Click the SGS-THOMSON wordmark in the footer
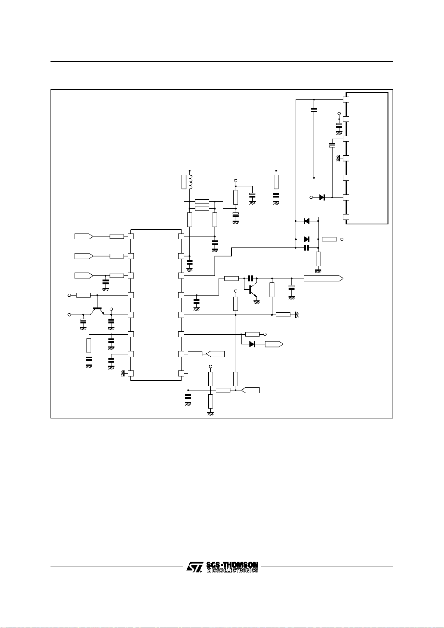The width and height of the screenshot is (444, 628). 232,565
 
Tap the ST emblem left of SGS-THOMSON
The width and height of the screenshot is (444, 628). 195,567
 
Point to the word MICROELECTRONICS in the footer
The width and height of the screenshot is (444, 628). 232,571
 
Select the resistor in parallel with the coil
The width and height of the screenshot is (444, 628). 184,182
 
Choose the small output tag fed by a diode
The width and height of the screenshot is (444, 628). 274,344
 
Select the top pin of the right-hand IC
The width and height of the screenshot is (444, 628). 346,100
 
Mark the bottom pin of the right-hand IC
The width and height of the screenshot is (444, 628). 346,217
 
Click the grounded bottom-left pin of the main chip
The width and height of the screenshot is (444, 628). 130,373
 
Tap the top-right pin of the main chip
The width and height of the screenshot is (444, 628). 181,236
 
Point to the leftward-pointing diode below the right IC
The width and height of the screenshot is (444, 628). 307,221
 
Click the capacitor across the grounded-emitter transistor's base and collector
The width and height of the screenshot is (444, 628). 250,278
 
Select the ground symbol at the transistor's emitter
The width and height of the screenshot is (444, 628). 256,302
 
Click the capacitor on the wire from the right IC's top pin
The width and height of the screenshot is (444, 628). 314,110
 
